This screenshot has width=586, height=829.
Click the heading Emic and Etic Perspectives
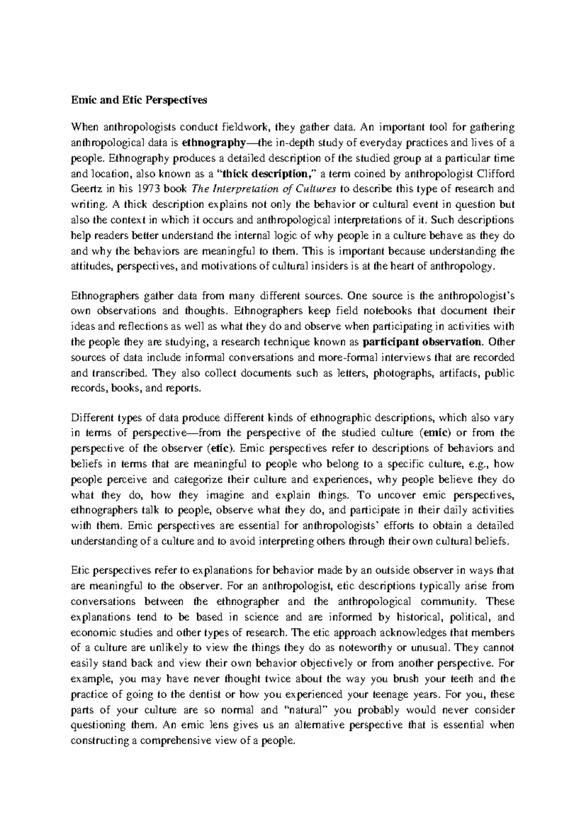[x=139, y=100]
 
